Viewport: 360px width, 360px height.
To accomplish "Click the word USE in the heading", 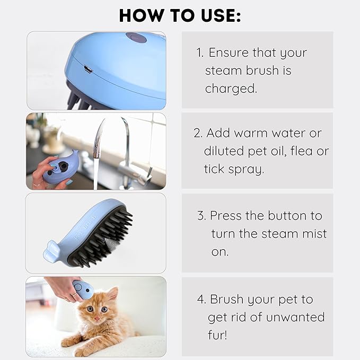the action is (x=221, y=15).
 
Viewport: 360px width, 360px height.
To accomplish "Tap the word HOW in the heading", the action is (x=141, y=15).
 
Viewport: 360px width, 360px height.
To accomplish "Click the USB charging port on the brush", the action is (x=88, y=69).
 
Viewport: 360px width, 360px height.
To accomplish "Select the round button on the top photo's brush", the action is (x=136, y=38).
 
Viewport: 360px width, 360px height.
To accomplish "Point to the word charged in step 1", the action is (x=231, y=89).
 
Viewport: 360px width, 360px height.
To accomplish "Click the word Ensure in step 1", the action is (x=229, y=52).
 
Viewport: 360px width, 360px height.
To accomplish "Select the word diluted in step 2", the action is (x=224, y=151).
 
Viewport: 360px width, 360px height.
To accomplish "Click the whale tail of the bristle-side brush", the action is (x=51, y=252).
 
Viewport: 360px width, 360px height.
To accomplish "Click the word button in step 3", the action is (x=287, y=216).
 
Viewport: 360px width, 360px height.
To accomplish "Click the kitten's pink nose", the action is (x=97, y=319).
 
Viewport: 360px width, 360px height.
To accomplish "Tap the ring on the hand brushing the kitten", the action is (x=74, y=295).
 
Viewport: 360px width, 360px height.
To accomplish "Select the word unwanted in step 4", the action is (x=295, y=317).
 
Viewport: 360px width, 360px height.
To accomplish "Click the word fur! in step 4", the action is (x=218, y=335).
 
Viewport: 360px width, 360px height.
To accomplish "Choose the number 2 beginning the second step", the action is (x=197, y=133).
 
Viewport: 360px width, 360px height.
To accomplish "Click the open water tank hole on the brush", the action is (x=62, y=165).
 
